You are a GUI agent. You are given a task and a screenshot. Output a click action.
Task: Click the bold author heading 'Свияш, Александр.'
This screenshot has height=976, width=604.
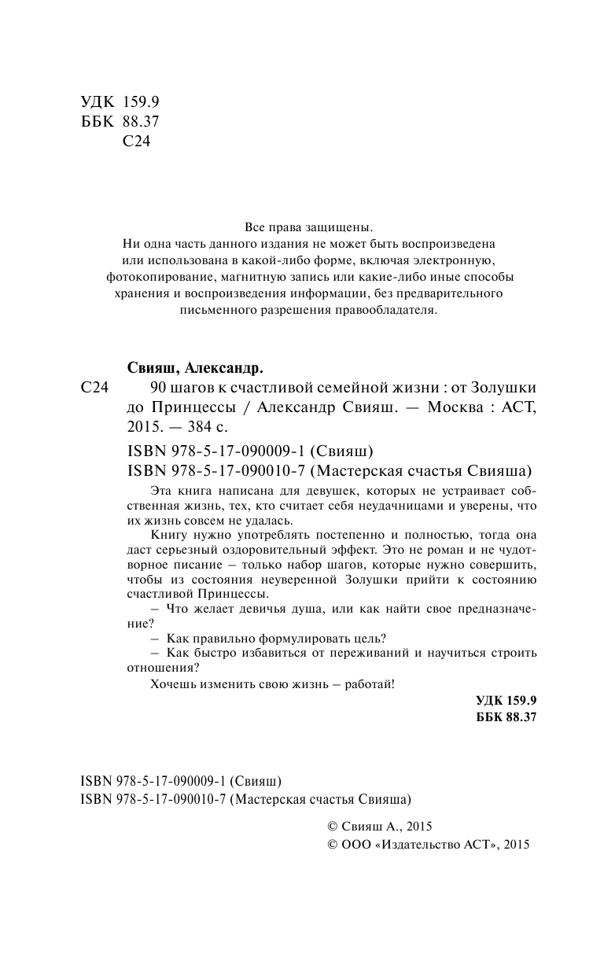tap(194, 368)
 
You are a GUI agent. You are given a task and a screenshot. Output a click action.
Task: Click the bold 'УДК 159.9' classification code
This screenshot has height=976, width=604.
tap(506, 701)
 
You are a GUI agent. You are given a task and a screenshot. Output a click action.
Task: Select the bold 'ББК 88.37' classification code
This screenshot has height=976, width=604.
tap(506, 717)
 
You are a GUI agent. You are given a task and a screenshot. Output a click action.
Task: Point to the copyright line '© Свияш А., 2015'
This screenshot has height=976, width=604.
tap(379, 827)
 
